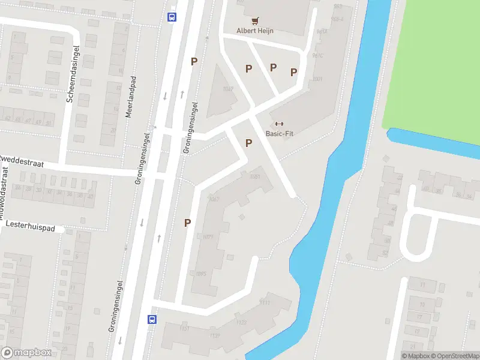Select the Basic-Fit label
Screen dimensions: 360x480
click(279, 134)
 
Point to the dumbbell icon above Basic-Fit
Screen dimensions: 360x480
click(279, 124)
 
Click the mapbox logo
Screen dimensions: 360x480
click(26, 353)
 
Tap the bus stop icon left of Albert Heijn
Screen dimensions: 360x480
click(172, 17)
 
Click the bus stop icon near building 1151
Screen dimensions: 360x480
click(152, 319)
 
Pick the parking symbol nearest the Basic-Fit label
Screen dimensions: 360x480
click(248, 143)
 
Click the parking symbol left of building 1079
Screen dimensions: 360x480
click(187, 223)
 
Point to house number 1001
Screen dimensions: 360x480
click(317, 79)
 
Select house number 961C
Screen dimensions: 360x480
click(317, 56)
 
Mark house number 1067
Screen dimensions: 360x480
click(214, 199)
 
